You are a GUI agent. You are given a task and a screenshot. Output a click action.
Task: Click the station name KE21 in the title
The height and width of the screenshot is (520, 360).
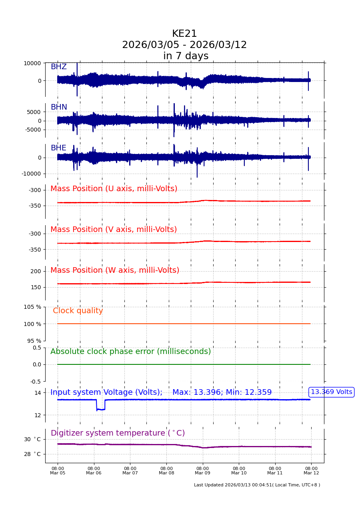click(184, 34)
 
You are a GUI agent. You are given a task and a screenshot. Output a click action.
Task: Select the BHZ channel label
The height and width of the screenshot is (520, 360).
click(58, 67)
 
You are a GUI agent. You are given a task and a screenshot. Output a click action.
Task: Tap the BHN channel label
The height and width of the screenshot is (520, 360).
click(59, 107)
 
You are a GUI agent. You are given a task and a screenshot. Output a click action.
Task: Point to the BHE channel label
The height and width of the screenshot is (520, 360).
click(58, 148)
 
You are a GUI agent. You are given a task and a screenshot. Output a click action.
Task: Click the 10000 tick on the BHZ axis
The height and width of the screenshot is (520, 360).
click(32, 63)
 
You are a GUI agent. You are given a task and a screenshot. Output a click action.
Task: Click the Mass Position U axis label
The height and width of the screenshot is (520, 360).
click(114, 189)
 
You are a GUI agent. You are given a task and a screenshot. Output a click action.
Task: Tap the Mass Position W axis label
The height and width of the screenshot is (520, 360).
click(115, 270)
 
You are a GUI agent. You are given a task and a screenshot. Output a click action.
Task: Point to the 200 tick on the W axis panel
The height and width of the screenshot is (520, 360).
click(36, 271)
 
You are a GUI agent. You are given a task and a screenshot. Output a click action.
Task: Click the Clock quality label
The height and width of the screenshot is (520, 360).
click(78, 311)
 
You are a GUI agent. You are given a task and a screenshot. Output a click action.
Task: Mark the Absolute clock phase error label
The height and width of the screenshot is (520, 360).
click(130, 352)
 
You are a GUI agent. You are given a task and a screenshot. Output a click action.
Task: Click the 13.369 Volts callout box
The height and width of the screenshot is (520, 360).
click(331, 392)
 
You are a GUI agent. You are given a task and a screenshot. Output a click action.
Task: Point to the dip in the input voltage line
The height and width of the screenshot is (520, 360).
click(100, 409)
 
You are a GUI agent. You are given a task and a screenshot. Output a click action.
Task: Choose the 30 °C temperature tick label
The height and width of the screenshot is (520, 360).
click(32, 439)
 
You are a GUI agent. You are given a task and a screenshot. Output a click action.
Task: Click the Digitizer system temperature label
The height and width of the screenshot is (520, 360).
click(118, 433)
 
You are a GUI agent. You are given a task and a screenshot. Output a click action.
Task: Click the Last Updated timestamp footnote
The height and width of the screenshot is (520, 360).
click(257, 485)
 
